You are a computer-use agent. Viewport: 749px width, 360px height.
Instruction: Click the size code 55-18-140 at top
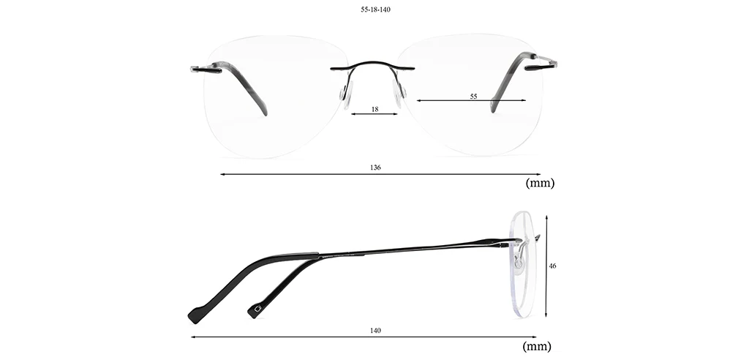click(375, 10)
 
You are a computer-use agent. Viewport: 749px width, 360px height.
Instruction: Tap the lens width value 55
click(473, 96)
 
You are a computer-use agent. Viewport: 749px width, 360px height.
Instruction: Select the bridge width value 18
click(375, 109)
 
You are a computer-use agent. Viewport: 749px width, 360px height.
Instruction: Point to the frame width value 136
click(375, 168)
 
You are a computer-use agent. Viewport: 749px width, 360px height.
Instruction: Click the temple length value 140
click(375, 330)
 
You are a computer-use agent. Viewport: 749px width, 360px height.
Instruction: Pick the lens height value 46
click(553, 266)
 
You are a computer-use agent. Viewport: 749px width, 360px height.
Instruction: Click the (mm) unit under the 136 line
click(540, 183)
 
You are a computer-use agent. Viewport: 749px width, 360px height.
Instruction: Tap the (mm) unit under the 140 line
click(537, 346)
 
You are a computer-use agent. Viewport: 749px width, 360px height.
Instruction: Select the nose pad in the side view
click(519, 261)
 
